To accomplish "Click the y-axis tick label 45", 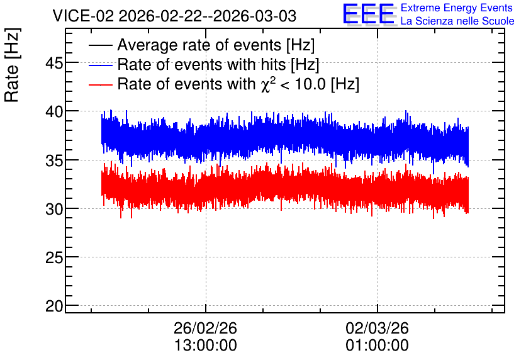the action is tap(54, 63).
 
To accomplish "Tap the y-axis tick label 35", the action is tap(54, 160).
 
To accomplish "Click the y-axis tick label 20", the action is tap(54, 307).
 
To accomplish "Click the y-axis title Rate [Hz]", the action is tap(12, 65).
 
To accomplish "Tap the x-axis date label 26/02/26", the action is tap(205, 328).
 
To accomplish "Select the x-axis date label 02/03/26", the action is tap(378, 328).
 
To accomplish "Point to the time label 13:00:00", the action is tap(205, 346).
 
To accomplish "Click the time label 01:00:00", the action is tap(378, 346).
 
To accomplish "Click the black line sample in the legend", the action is tap(100, 45).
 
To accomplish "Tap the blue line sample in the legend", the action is tap(100, 65).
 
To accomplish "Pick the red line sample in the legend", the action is tap(100, 84).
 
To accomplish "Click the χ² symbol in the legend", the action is tap(267, 84).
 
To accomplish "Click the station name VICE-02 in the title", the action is tap(84, 16).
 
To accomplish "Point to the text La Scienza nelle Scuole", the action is tap(457, 21).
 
